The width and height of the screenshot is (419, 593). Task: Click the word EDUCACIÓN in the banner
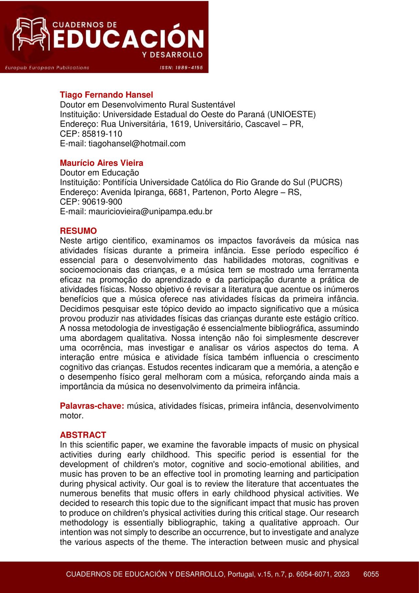tap(128, 38)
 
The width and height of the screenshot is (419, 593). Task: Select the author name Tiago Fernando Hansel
tap(106, 95)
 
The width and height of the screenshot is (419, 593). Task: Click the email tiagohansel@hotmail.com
tap(137, 143)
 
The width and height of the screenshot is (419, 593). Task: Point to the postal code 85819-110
tap(102, 134)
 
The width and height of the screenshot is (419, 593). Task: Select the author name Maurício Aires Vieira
tap(101, 163)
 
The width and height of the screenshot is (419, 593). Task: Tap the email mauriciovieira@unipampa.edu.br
tap(150, 212)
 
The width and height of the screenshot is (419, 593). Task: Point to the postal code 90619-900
tap(102, 202)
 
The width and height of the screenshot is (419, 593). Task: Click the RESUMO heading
tap(78, 231)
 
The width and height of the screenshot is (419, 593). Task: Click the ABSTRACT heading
tap(83, 435)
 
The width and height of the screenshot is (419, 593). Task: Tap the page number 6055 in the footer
tap(371, 574)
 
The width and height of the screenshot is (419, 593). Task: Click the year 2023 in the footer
tap(342, 574)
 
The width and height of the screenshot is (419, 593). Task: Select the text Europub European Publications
tap(47, 68)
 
